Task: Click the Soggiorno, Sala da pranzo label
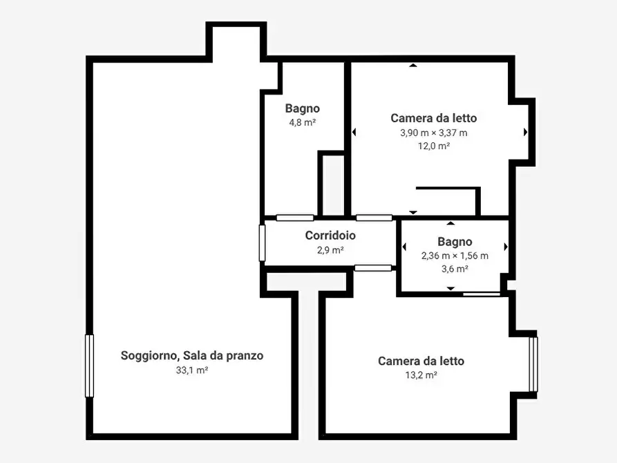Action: tap(192, 356)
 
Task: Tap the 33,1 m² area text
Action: tap(192, 370)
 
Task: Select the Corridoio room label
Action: tap(330, 236)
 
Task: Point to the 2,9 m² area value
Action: tap(330, 250)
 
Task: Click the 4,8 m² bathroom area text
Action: tap(302, 122)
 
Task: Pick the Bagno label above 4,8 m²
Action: tap(302, 108)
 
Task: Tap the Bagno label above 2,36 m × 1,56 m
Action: tap(455, 242)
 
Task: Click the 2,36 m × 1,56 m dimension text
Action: tap(455, 256)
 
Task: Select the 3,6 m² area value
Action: tap(455, 269)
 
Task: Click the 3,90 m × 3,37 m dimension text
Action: tap(433, 133)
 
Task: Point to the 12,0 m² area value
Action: tap(433, 146)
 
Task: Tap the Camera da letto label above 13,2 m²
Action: tap(421, 361)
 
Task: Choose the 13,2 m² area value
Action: tap(421, 375)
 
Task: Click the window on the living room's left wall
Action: tap(89, 366)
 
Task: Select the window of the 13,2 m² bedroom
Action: tap(533, 364)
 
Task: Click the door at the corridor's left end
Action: tap(263, 243)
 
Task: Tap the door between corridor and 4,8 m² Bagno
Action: tap(295, 218)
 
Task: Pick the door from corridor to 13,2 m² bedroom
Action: tap(373, 267)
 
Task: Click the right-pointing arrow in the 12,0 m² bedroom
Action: tap(525, 132)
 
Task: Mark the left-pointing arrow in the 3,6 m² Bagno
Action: tap(404, 247)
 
